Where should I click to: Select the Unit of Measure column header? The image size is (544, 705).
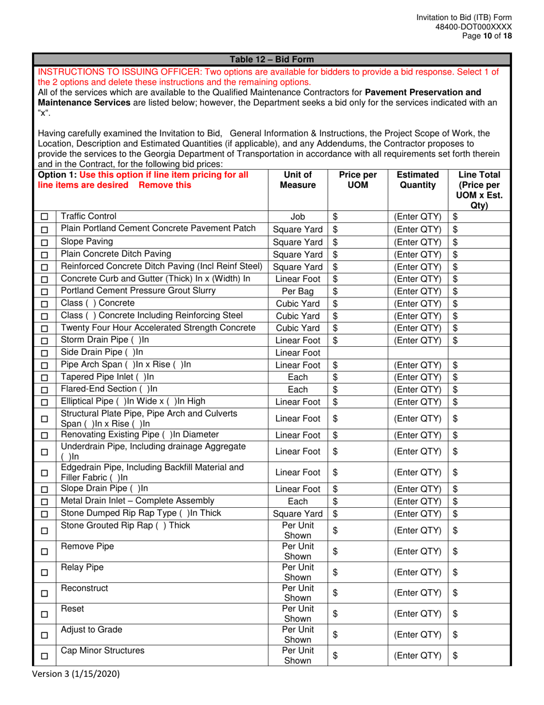point(297,180)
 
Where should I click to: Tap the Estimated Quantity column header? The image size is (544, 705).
point(417,180)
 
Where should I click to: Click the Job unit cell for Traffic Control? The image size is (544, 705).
point(297,217)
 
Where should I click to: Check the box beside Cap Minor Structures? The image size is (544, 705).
point(45,655)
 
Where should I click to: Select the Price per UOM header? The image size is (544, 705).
point(357,180)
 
